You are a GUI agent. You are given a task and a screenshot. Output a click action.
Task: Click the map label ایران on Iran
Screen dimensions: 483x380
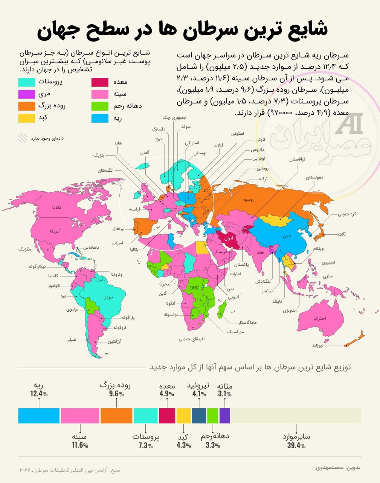pos(229,238)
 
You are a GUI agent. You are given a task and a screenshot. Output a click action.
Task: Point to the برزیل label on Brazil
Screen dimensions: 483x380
pos(108,297)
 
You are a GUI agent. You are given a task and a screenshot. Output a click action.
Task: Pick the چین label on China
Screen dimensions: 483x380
pos(287,236)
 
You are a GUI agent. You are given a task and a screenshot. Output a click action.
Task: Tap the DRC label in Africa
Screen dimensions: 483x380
pos(194,288)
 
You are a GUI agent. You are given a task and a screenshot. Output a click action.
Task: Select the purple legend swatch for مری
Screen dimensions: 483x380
pos(27,94)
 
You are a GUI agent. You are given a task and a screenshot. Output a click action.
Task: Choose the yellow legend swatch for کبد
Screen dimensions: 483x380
pos(27,118)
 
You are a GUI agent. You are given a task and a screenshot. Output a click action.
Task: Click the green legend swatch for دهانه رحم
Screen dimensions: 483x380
pos(101,106)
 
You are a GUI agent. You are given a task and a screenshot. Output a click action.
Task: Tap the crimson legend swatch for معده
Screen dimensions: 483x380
pos(101,82)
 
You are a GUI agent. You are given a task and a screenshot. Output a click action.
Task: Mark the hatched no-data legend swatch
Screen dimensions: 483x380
pos(23,138)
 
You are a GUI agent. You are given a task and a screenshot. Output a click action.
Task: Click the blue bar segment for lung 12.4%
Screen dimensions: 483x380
pos(39,415)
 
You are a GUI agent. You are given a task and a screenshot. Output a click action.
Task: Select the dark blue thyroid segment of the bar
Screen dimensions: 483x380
pos(199,415)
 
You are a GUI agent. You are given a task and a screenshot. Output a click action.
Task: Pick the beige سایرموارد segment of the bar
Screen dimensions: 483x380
pos(296,415)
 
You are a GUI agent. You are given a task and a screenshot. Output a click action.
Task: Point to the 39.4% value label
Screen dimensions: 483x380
pos(296,446)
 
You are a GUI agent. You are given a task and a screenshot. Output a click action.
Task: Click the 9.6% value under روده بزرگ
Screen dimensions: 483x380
pos(116,394)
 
